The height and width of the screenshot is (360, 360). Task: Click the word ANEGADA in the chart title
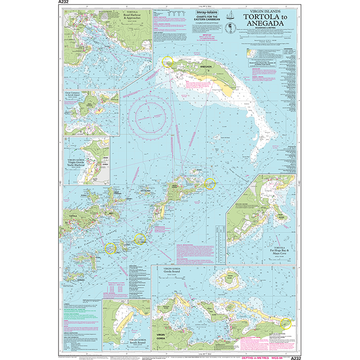(263, 23)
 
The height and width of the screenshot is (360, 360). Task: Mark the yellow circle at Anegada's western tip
(167, 62)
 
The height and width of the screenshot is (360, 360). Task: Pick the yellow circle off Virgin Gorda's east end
(209, 183)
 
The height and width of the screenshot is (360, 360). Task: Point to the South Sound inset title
(129, 343)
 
